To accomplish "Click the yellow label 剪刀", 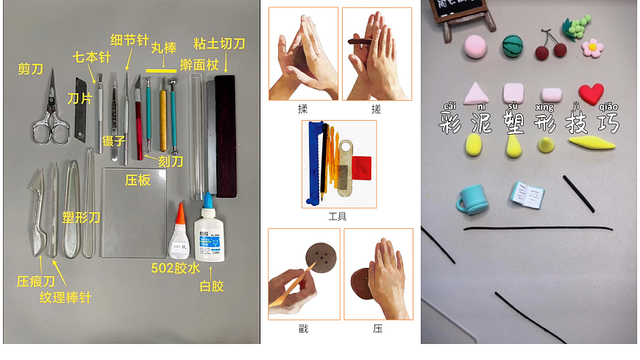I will (x=30, y=69).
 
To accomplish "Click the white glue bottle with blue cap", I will (x=209, y=236).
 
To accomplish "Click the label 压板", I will (x=138, y=180).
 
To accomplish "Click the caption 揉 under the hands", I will (x=302, y=109).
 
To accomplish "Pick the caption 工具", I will (x=338, y=216).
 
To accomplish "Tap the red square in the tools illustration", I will (x=360, y=169).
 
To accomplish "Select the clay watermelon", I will (x=513, y=46).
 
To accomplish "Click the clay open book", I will (x=526, y=194).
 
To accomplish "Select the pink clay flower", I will (x=592, y=47).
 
